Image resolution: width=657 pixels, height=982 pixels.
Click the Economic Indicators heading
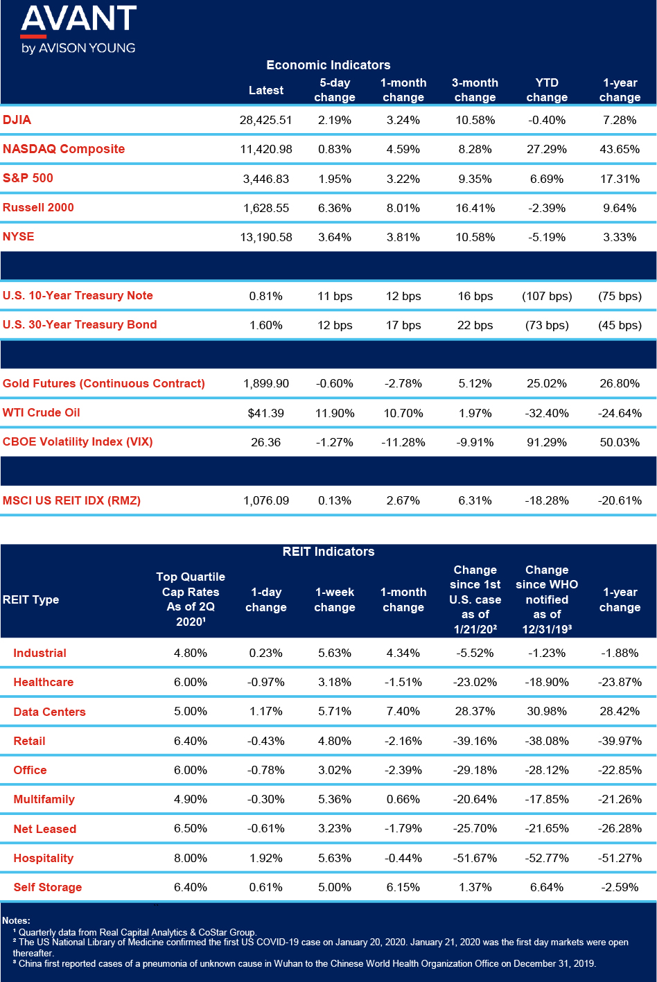[x=328, y=65]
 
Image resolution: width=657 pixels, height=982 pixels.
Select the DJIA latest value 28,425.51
[x=265, y=120]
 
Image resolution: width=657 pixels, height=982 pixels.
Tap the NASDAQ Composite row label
[x=64, y=149]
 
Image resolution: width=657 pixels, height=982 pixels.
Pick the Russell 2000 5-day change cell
[x=335, y=208]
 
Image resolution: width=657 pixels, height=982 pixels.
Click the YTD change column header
[x=547, y=90]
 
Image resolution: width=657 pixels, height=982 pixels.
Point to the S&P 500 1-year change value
[x=620, y=179]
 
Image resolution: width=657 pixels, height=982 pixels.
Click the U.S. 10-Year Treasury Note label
[x=78, y=295]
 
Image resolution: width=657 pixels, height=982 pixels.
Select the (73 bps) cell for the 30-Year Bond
[x=547, y=325]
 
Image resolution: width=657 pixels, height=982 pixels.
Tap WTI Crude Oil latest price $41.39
[x=265, y=413]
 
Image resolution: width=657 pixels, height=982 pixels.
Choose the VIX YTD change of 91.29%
[x=547, y=442]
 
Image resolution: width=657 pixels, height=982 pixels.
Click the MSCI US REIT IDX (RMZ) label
[x=71, y=500]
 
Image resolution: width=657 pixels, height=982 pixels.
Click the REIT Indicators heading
[x=328, y=552]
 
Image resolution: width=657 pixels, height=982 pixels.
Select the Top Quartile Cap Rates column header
[x=190, y=599]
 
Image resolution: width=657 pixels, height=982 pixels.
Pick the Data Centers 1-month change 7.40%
[x=403, y=711]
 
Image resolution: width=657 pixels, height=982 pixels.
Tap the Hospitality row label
[x=44, y=858]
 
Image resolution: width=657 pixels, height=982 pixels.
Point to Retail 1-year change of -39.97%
[x=620, y=741]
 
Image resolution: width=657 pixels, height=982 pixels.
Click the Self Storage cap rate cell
[x=190, y=887]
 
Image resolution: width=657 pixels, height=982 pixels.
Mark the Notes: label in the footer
[x=16, y=920]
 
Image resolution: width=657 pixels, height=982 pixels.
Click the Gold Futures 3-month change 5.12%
[x=475, y=384]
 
